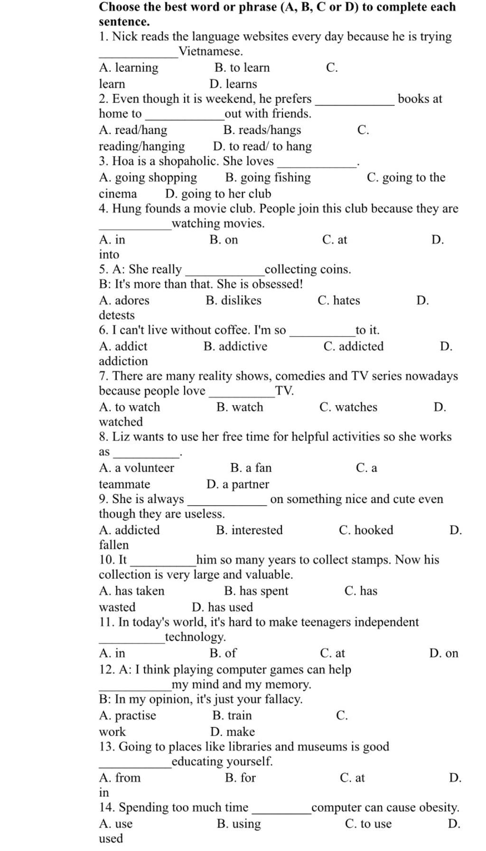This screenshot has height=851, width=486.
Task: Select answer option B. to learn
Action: (242, 68)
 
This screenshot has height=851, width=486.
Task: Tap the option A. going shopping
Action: (148, 177)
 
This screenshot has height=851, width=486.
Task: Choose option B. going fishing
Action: (268, 177)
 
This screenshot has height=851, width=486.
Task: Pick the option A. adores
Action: (124, 300)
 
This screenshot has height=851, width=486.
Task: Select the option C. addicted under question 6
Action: (354, 346)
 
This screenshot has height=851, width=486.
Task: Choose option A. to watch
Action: (130, 407)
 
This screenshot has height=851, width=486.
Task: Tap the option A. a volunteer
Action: (137, 468)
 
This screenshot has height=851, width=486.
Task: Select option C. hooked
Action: (366, 530)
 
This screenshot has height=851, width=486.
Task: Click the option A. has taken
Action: (132, 591)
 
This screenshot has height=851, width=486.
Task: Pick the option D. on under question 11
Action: (444, 653)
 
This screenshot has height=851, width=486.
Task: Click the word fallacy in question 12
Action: (284, 699)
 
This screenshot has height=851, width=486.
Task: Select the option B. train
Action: (232, 715)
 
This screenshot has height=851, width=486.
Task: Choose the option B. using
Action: (239, 824)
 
